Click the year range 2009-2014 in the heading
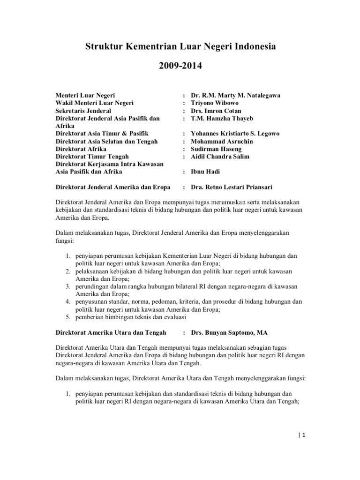click(180, 66)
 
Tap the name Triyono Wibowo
click(215, 103)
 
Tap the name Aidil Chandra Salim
click(223, 156)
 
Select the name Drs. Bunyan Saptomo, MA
click(229, 333)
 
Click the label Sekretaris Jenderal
click(83, 111)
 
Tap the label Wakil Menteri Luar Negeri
click(95, 103)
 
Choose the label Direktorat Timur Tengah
click(92, 156)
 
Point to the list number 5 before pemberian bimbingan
click(67, 317)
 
